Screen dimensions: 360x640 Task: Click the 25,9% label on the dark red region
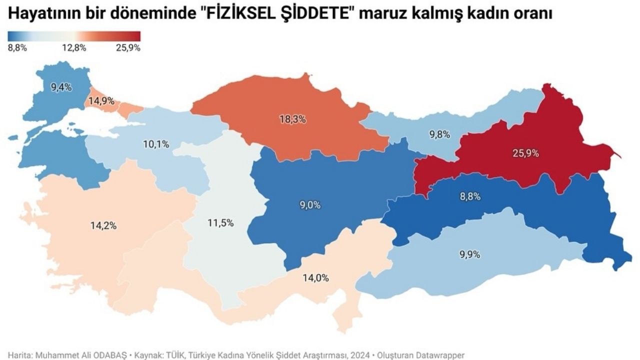(525, 153)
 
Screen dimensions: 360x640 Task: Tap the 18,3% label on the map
(292, 119)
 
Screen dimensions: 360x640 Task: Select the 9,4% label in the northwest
(61, 87)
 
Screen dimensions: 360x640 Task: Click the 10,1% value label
(155, 144)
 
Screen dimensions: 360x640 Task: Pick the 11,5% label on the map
(220, 223)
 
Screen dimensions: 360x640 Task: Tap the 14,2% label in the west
(103, 225)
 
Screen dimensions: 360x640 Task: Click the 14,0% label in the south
(315, 278)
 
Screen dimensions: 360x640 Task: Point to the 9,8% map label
(439, 134)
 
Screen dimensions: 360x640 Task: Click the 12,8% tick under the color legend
(74, 48)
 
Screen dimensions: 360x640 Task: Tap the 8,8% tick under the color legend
(17, 48)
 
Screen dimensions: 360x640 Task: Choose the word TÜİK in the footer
(176, 353)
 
